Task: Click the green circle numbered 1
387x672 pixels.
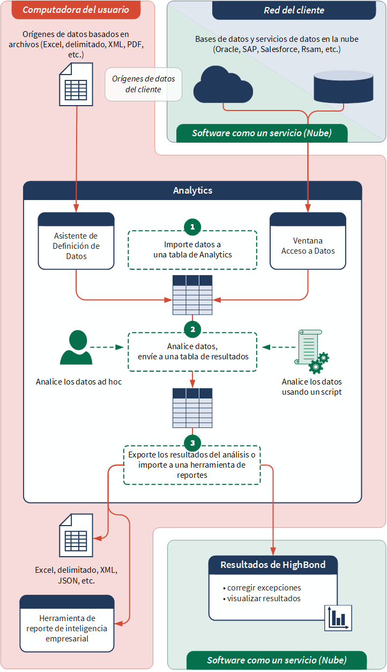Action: pos(192,227)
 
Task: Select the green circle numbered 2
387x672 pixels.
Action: pos(192,328)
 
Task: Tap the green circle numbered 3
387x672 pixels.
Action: pos(192,442)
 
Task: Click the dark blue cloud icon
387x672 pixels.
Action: pos(222,84)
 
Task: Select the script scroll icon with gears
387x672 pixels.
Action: pos(311,351)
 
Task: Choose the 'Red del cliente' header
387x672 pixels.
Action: pos(294,10)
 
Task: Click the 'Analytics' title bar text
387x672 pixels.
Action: pos(192,190)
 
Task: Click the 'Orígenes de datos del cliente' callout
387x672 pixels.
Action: pos(143,84)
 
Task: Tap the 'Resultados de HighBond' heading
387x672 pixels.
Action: pos(273,565)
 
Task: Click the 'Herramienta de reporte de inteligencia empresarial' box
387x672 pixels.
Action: pos(67,624)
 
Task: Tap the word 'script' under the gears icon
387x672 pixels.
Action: pos(331,392)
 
